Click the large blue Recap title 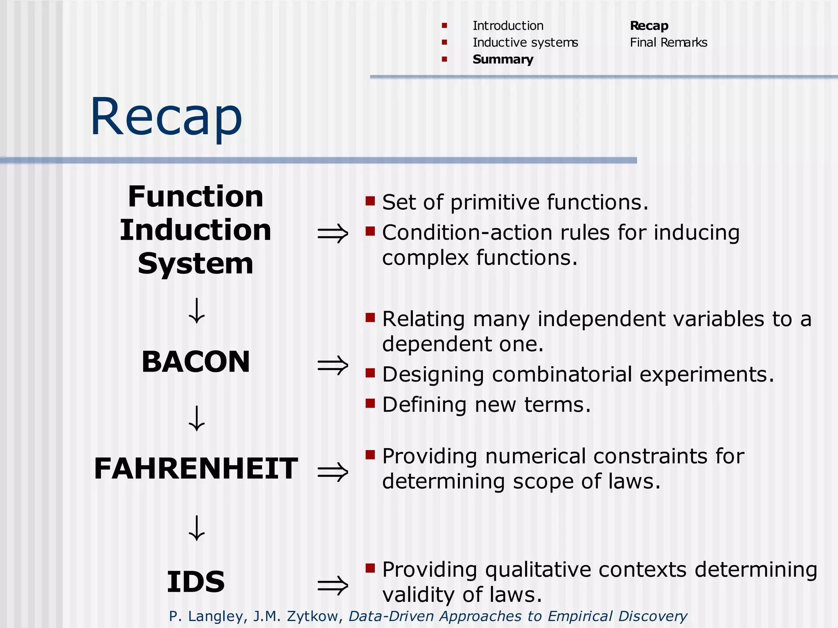(x=166, y=117)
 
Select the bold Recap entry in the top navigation (x=649, y=26)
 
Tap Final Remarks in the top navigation (x=668, y=43)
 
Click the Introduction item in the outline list (x=508, y=26)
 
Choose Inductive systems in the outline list (x=525, y=43)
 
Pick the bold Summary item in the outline (x=503, y=59)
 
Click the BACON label (x=196, y=362)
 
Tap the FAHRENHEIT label (x=196, y=468)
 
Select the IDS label (x=196, y=582)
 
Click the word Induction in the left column (x=196, y=230)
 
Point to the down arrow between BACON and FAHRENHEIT (x=197, y=418)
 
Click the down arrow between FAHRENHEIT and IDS (x=197, y=528)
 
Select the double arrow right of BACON (x=333, y=365)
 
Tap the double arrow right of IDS (x=333, y=585)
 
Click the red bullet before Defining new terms (x=370, y=404)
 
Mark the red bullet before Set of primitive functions (x=370, y=201)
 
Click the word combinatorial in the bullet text (x=562, y=375)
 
